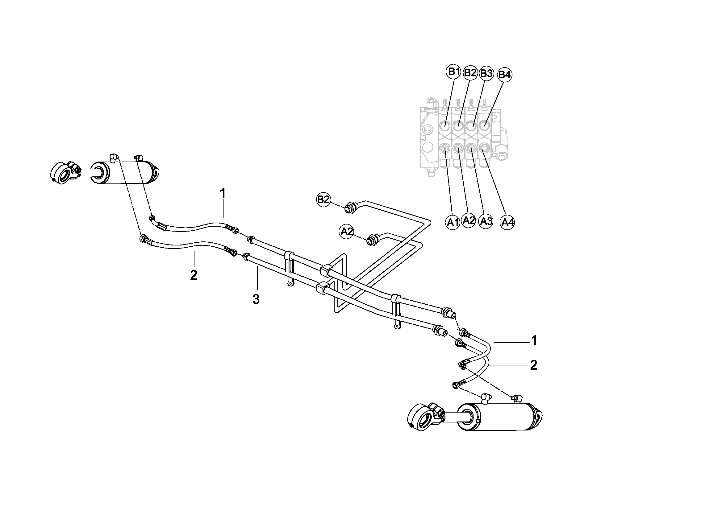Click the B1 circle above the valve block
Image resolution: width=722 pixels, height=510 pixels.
(x=453, y=72)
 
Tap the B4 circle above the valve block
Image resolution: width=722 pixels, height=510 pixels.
(x=505, y=75)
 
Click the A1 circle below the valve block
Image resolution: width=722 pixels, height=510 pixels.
(x=453, y=223)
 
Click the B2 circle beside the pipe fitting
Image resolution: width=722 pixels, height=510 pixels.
(x=323, y=200)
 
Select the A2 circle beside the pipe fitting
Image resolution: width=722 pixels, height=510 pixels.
(x=347, y=232)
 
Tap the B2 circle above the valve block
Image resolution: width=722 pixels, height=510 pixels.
(x=470, y=73)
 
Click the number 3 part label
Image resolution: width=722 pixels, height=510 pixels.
(x=256, y=300)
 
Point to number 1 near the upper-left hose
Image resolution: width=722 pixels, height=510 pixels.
(x=223, y=193)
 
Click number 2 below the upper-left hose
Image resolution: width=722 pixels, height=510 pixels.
(x=194, y=275)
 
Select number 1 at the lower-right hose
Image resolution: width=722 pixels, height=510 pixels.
(x=534, y=340)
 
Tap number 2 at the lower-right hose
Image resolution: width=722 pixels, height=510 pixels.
(x=534, y=365)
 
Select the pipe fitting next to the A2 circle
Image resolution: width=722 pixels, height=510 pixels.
(x=373, y=240)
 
